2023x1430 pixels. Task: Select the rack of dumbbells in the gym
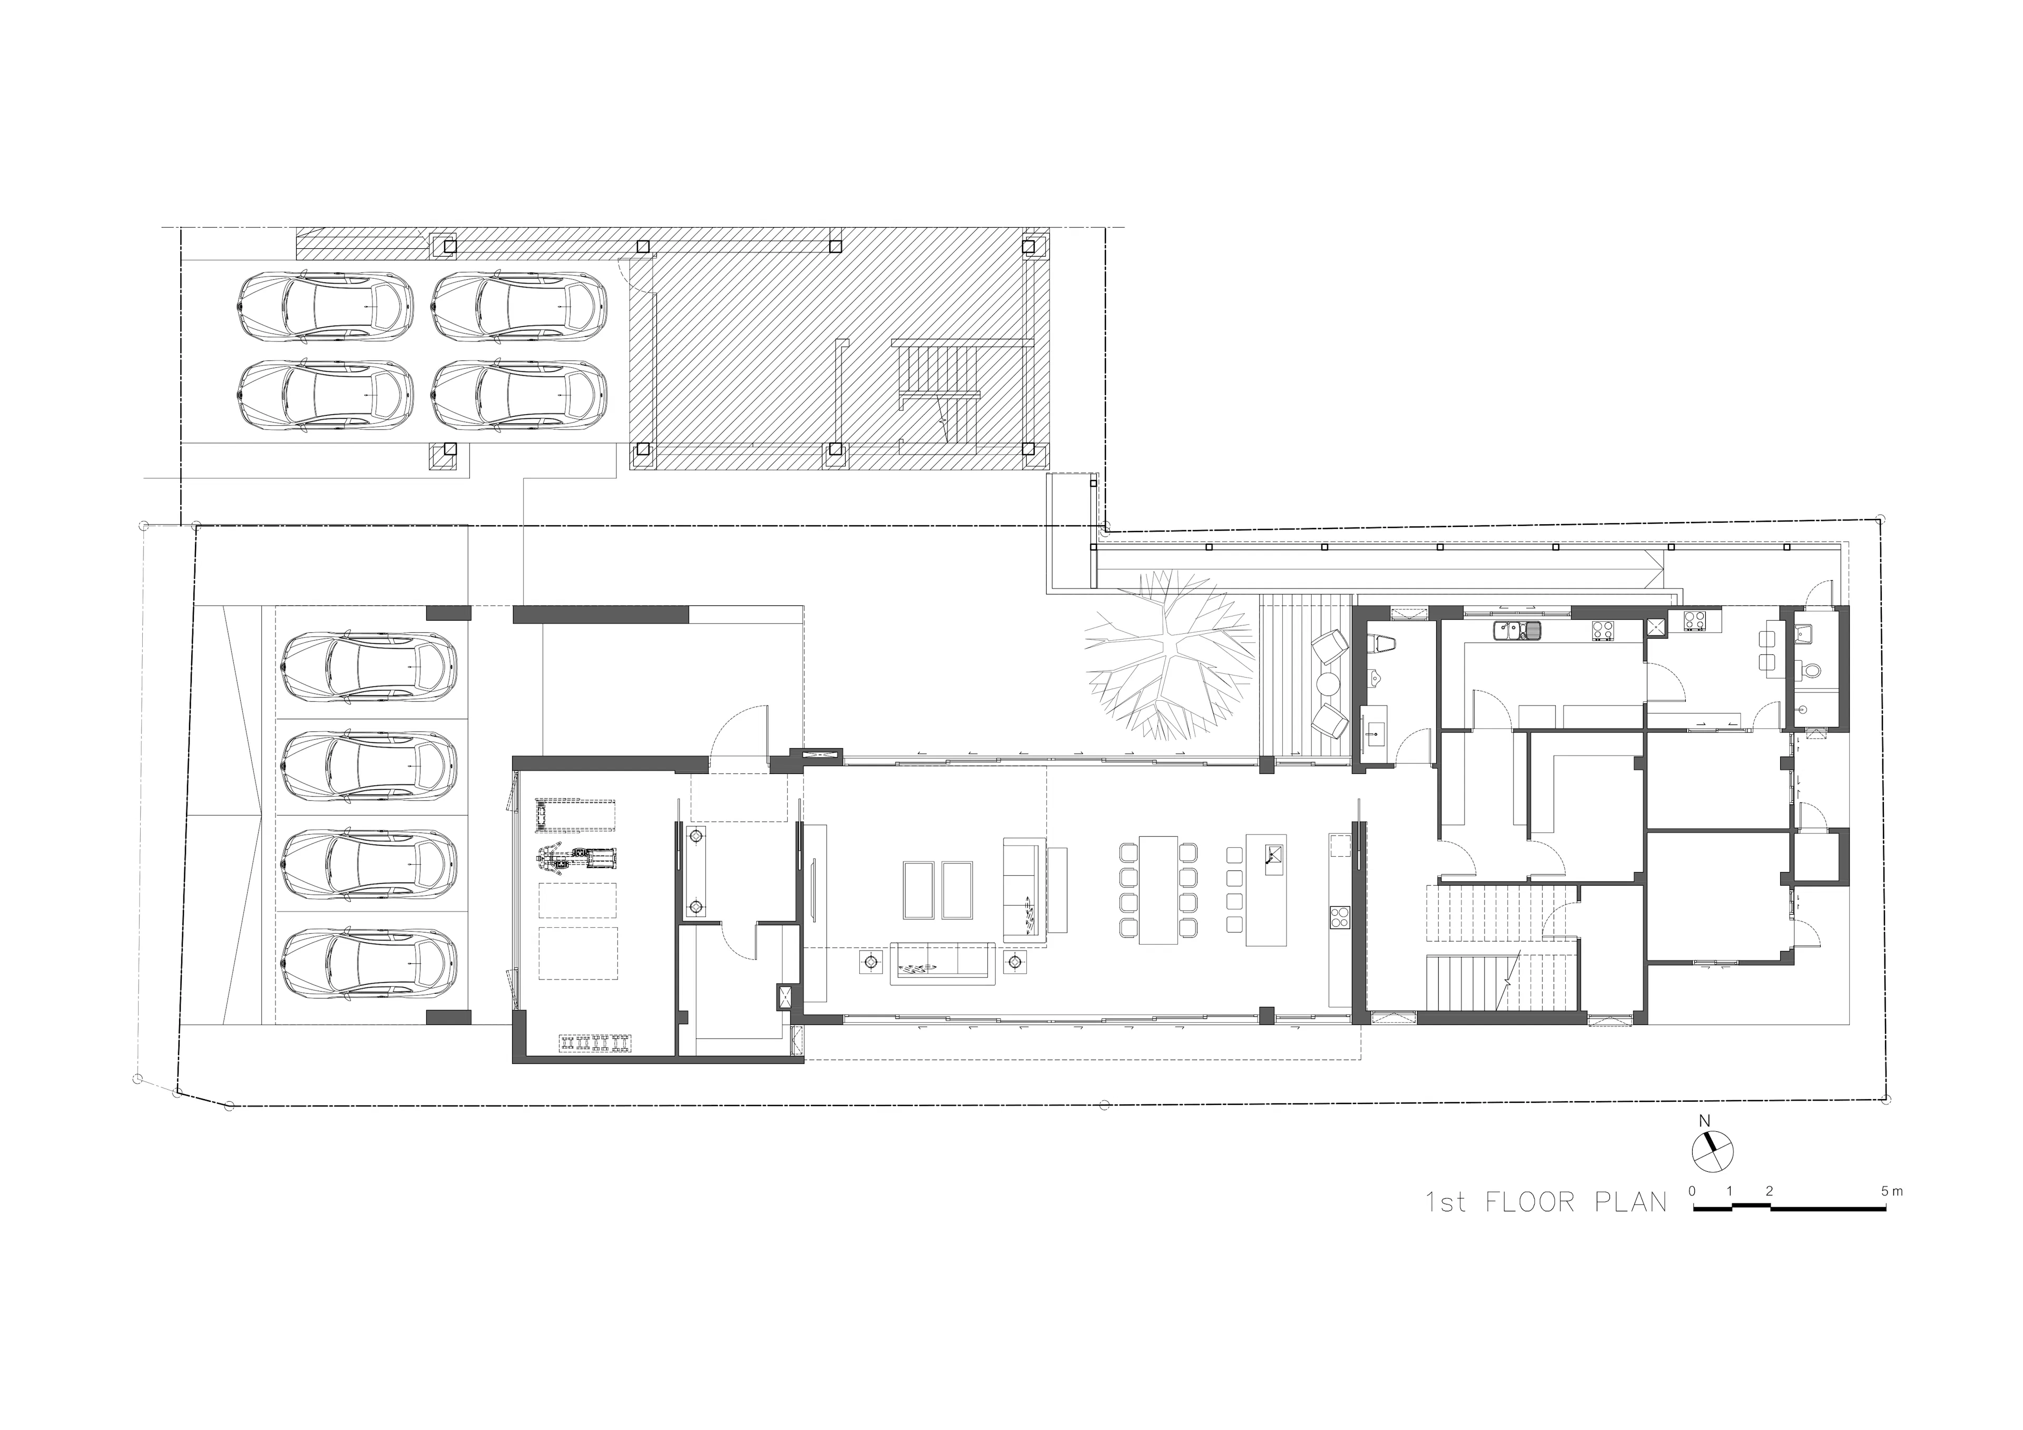pos(596,1042)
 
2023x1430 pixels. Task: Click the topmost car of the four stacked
pos(368,666)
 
